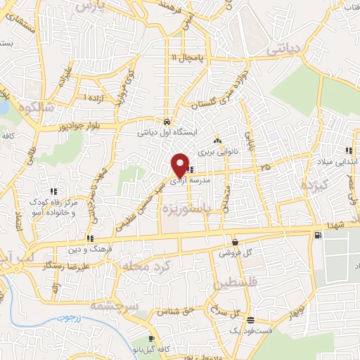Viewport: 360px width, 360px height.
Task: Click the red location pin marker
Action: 181,165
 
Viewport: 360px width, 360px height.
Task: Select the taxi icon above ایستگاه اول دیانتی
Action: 166,120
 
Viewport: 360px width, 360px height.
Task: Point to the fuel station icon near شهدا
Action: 320,234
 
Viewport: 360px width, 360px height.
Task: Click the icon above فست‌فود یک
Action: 250,320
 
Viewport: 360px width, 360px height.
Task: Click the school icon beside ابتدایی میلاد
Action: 349,150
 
